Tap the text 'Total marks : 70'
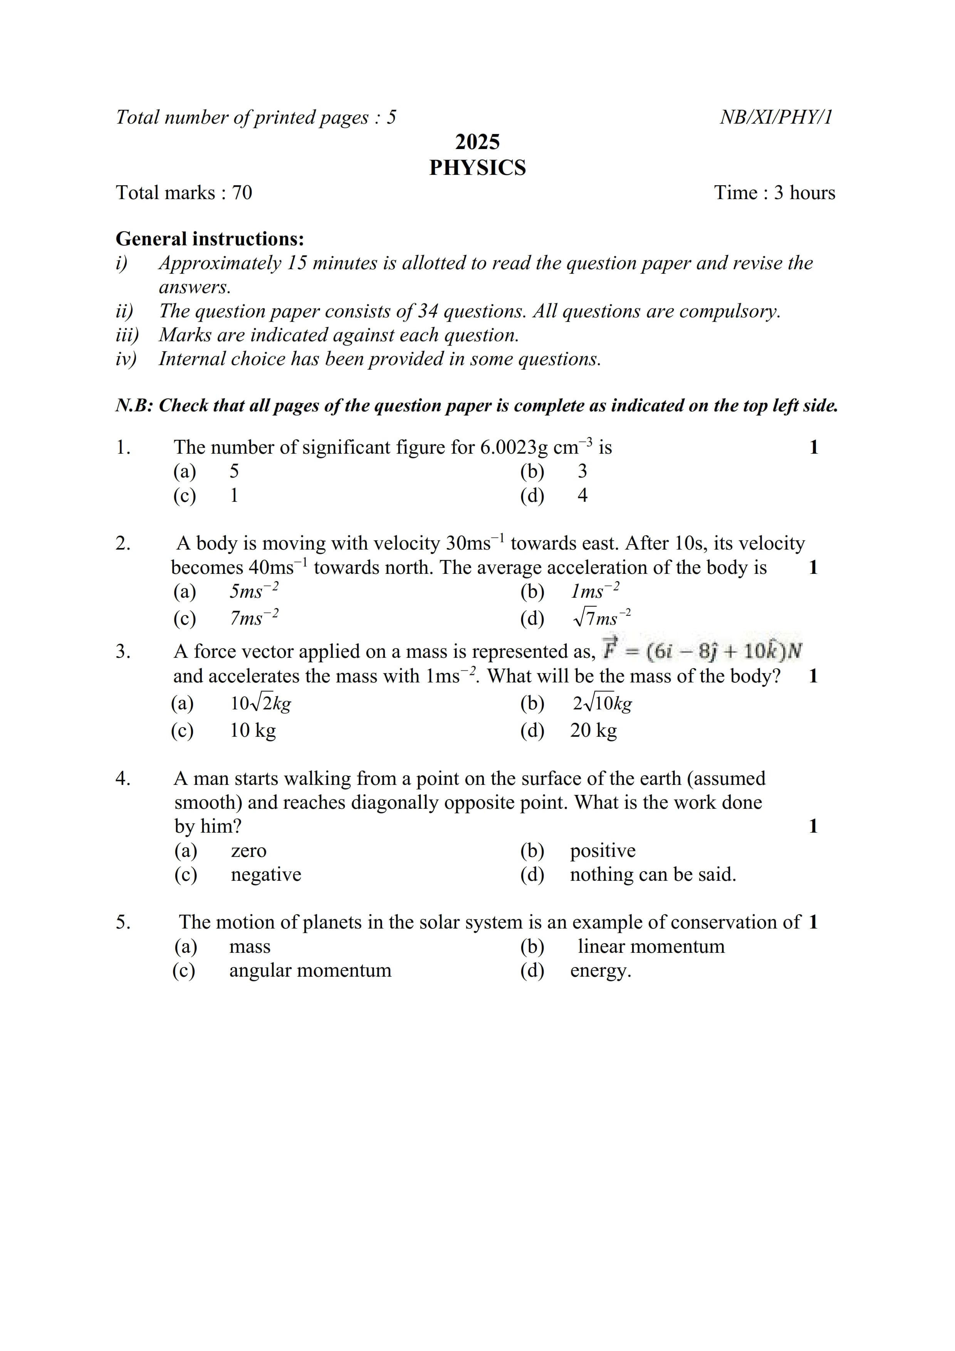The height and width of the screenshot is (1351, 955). [x=184, y=193]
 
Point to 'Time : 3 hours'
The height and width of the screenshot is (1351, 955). [x=774, y=193]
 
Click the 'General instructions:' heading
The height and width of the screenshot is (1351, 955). [x=210, y=238]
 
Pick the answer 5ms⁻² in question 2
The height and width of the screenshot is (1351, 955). [x=253, y=591]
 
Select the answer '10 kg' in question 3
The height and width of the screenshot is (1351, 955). [x=252, y=730]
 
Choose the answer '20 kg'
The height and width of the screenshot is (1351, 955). [x=593, y=730]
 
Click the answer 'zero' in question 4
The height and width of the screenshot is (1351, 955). [x=248, y=850]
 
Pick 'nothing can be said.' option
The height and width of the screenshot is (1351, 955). [x=653, y=874]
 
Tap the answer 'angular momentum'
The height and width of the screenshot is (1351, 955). [x=310, y=970]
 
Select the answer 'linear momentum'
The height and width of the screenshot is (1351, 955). [x=651, y=946]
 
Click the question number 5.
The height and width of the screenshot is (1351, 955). [x=123, y=922]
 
